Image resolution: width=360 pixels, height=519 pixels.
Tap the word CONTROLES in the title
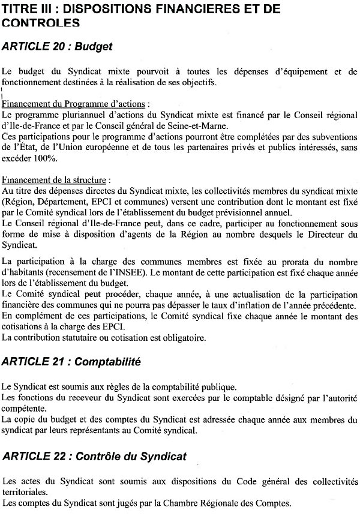(x=41, y=23)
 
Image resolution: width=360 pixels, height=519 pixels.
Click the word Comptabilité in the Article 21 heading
(x=109, y=362)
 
